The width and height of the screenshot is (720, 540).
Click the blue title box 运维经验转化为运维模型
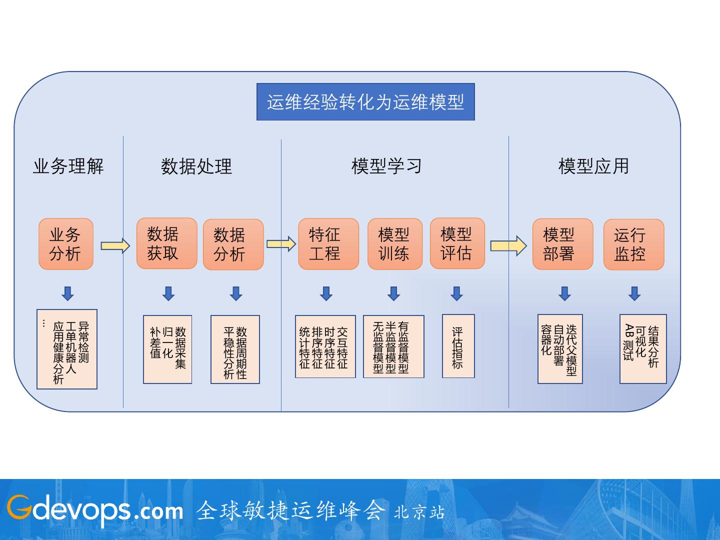point(365,102)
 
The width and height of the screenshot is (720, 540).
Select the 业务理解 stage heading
point(68,166)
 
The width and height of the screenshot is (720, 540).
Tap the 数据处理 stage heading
point(196,166)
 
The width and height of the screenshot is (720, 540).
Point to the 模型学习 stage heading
point(386,166)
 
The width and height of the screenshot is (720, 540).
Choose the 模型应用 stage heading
point(593,166)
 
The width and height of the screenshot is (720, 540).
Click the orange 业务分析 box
point(66,244)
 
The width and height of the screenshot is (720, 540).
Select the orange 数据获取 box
point(167,243)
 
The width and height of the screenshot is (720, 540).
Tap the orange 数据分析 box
point(233,244)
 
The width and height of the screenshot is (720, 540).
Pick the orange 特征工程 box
point(328,244)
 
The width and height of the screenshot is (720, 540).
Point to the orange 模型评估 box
point(457,243)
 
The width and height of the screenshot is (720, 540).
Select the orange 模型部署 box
point(562,244)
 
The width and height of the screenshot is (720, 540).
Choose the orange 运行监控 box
point(633,244)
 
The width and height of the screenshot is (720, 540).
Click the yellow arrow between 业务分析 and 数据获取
point(115,245)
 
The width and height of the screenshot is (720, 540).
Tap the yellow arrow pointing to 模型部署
point(508,246)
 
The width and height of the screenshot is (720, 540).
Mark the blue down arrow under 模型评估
point(456,293)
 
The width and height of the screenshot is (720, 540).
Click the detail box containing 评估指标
point(458,346)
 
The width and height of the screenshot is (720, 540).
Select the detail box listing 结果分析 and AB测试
point(643,349)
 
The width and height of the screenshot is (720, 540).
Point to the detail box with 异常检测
point(67,349)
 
